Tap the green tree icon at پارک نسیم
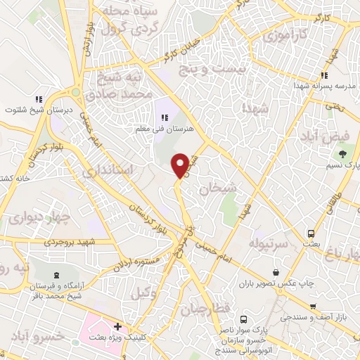click(x=342, y=154)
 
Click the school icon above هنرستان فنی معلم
click(x=166, y=117)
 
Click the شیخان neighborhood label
click(x=216, y=189)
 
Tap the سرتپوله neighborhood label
click(x=269, y=242)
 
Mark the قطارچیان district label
click(x=203, y=310)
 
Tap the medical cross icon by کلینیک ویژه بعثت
click(x=118, y=327)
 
